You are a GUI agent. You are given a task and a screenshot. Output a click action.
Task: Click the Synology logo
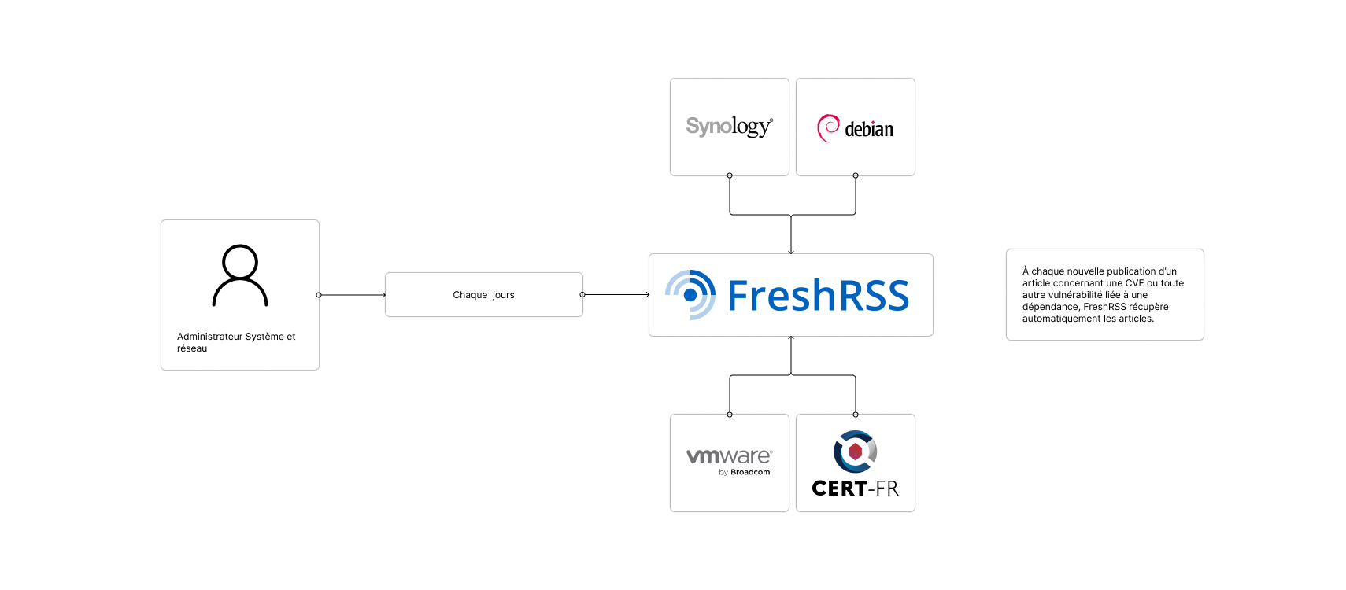point(729,127)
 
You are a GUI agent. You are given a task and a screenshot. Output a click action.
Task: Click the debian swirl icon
point(828,127)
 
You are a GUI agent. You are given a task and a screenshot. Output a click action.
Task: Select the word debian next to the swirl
point(869,130)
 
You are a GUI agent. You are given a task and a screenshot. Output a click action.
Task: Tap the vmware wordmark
point(729,456)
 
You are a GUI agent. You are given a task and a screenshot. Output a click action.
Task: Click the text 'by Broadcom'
point(744,473)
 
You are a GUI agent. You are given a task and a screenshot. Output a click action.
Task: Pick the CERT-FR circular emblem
point(855,452)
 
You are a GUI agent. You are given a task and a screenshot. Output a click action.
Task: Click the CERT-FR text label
point(855,489)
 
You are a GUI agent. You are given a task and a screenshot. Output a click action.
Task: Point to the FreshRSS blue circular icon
point(690,295)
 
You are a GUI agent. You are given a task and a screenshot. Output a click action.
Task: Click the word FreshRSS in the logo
point(818,296)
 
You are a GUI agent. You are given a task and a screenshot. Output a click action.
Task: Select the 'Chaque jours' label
point(483,295)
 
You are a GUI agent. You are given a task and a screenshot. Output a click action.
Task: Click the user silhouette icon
point(240,275)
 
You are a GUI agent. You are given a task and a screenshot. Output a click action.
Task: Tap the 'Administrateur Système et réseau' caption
point(235,342)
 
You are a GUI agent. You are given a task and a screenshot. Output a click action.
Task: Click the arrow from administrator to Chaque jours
point(352,295)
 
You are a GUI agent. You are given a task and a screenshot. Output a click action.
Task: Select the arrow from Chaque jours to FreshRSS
point(616,295)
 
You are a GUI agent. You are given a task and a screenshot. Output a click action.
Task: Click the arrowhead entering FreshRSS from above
point(791,251)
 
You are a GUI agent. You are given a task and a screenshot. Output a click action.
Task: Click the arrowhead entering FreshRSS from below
point(791,339)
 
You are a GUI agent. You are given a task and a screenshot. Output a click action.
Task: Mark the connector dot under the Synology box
point(730,175)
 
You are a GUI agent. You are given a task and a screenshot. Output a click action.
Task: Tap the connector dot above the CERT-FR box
point(856,415)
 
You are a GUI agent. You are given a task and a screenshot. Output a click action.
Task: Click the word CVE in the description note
point(1134,283)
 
